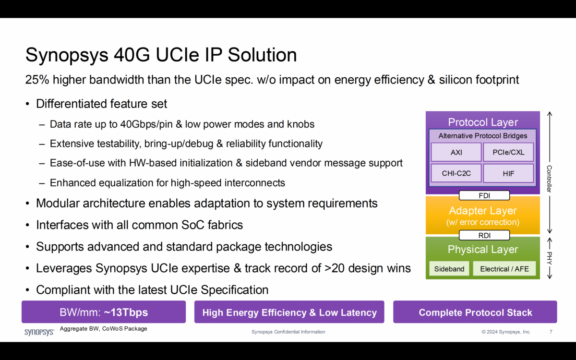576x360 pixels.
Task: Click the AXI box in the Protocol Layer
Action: pyautogui.click(x=456, y=153)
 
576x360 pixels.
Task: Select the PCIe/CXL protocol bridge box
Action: pyautogui.click(x=508, y=153)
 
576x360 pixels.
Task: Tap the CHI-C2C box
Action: pyautogui.click(x=456, y=173)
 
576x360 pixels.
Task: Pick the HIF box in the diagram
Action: pyautogui.click(x=508, y=173)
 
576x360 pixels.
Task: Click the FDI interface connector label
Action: pyautogui.click(x=484, y=195)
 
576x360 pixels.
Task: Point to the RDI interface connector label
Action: pyautogui.click(x=484, y=235)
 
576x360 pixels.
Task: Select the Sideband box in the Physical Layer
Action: pyautogui.click(x=449, y=269)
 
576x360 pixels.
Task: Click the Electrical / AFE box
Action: pyautogui.click(x=504, y=269)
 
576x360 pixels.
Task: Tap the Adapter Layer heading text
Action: pyautogui.click(x=482, y=211)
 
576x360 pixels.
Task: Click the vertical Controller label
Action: pyautogui.click(x=550, y=179)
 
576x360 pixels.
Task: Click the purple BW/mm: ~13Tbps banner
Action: pyautogui.click(x=104, y=312)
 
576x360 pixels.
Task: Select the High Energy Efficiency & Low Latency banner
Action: pyautogui.click(x=289, y=312)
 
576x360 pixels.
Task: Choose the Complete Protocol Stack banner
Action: pyautogui.click(x=475, y=312)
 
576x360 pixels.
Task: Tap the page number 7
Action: pyautogui.click(x=551, y=332)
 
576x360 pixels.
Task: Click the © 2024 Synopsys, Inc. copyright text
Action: pyautogui.click(x=506, y=332)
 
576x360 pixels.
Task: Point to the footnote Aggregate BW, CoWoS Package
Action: pyautogui.click(x=103, y=329)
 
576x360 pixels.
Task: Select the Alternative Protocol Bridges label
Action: pyautogui.click(x=482, y=136)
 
